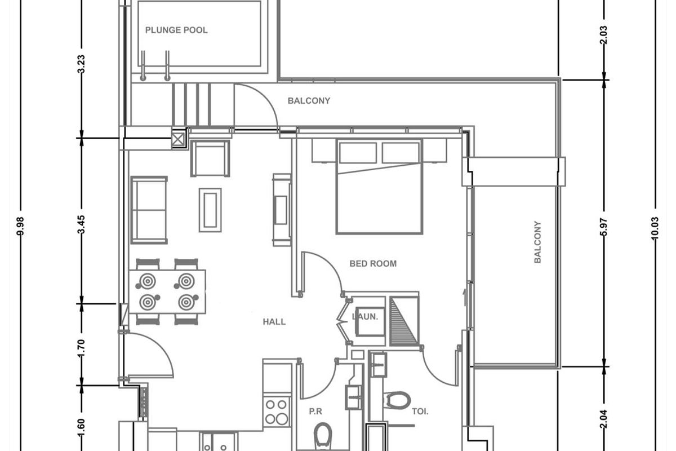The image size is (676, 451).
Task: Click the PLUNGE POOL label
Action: (176, 30)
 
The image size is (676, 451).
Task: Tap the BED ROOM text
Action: (373, 264)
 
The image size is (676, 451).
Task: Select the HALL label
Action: (274, 322)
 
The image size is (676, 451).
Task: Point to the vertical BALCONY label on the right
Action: (537, 242)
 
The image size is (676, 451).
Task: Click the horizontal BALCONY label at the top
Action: (309, 100)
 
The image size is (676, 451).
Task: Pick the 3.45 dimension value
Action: (82, 224)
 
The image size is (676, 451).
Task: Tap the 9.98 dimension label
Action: (20, 226)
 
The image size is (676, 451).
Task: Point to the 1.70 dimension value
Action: (82, 348)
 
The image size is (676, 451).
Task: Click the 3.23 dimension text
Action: (82, 64)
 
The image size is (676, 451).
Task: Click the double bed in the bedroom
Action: (379, 187)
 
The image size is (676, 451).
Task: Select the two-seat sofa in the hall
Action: (149, 210)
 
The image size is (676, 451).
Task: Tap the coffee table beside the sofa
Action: (210, 210)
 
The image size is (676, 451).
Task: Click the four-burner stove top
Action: (277, 412)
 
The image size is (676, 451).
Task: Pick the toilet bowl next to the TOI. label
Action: (398, 400)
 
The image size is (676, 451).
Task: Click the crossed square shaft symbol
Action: (178, 139)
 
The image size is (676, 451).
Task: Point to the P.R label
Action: (315, 412)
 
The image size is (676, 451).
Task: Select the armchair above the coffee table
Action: (210, 158)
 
